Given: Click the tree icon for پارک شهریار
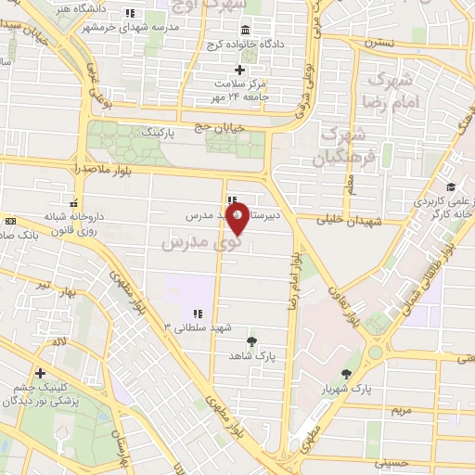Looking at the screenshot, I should (347, 374).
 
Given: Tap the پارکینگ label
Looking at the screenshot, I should (157, 134).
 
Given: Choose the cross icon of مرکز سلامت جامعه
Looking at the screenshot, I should (239, 70).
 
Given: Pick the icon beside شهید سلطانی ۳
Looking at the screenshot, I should (197, 314).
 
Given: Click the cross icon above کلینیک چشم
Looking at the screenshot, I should (40, 373).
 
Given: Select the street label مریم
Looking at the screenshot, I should (399, 409).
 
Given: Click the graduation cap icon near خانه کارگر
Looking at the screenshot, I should (451, 188).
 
